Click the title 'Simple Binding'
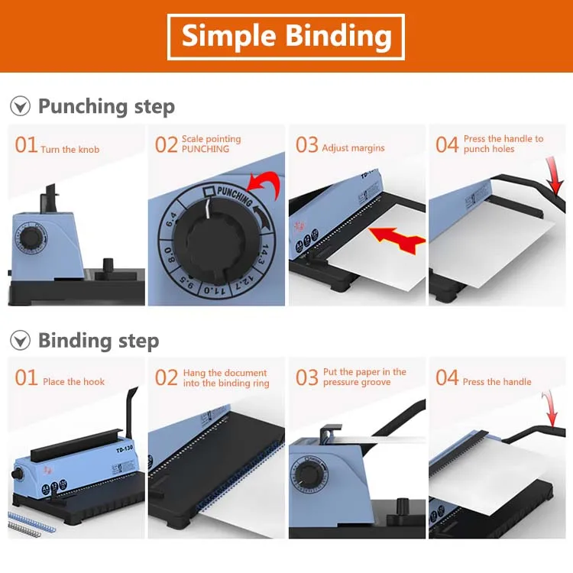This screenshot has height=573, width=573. point(286,36)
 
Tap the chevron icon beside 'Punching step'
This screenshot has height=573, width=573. point(20,106)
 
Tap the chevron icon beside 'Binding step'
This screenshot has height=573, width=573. point(20,341)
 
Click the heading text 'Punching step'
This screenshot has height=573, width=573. point(106,106)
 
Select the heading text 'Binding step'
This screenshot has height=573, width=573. point(99,341)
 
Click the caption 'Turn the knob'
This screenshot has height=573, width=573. point(70,149)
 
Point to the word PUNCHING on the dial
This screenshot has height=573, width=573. point(234,195)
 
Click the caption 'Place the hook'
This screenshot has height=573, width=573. point(73,382)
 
